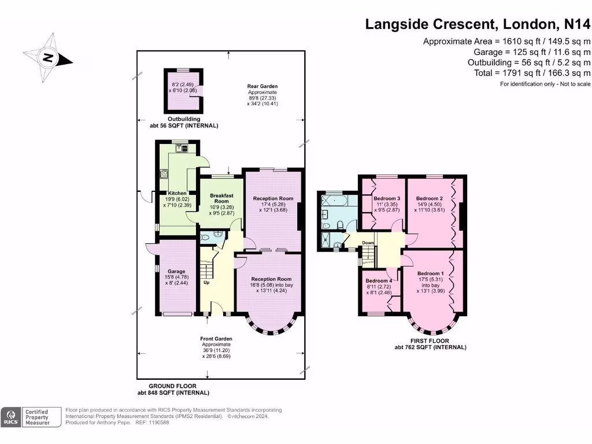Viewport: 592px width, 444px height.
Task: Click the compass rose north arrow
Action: pyautogui.click(x=48, y=57)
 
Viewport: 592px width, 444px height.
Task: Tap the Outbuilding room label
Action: pyautogui.click(x=184, y=119)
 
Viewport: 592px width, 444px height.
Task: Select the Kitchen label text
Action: pyautogui.click(x=177, y=193)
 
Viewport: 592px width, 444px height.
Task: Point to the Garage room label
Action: pyautogui.click(x=176, y=271)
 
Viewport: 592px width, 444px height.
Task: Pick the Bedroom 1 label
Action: pyautogui.click(x=431, y=273)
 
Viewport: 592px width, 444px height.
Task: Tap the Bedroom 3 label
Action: pyautogui.click(x=383, y=198)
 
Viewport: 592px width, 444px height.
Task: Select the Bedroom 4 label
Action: pyautogui.click(x=379, y=281)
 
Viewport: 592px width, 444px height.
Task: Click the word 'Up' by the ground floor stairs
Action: pyautogui.click(x=206, y=283)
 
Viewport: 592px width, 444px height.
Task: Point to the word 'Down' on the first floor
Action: pyautogui.click(x=368, y=243)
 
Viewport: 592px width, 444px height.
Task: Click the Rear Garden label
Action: pyautogui.click(x=262, y=87)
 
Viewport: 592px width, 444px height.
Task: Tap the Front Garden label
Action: pyautogui.click(x=216, y=339)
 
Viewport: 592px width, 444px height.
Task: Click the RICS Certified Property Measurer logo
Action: pyautogui.click(x=32, y=417)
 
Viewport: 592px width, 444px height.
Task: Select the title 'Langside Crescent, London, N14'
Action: pyautogui.click(x=478, y=24)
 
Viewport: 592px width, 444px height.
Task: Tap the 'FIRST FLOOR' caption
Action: pyautogui.click(x=430, y=341)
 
